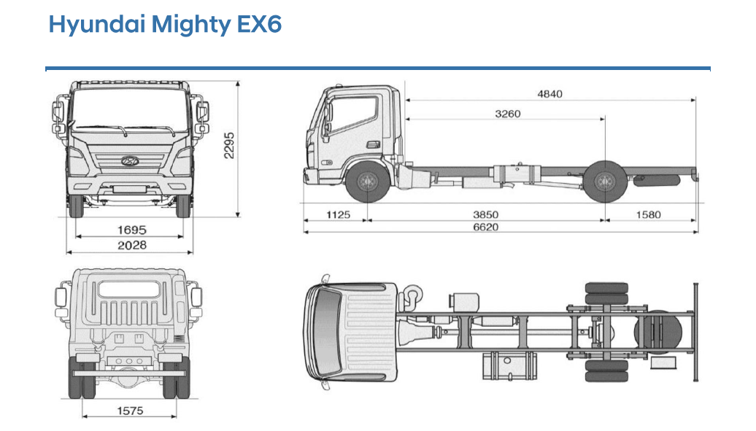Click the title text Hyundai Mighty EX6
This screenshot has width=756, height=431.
[x=165, y=24]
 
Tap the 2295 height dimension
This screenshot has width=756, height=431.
[x=228, y=145]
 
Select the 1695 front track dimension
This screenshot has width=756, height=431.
[x=131, y=230]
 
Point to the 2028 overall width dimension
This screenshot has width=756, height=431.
[x=132, y=245]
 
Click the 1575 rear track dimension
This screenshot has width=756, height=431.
[x=130, y=411]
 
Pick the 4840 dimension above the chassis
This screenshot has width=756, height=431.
[x=549, y=93]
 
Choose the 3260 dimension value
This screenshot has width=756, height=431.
[x=508, y=114]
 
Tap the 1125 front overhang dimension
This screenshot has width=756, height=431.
[x=338, y=214]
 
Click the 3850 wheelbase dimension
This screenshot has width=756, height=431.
[x=485, y=214]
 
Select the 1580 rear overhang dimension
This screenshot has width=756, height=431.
[x=648, y=214]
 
